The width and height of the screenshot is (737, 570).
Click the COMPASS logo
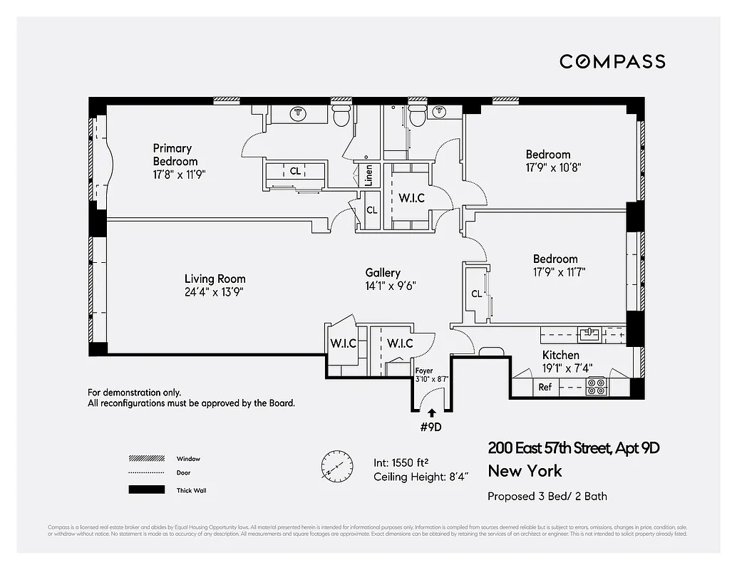[x=612, y=61]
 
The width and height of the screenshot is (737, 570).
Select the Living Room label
[x=215, y=279]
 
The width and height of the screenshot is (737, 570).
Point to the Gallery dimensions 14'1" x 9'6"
[x=391, y=285]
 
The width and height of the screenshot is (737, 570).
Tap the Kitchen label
[x=561, y=355]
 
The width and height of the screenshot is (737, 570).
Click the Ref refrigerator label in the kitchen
[x=545, y=387]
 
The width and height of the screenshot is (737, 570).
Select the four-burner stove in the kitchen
[x=595, y=387]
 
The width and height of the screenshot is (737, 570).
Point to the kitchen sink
[x=590, y=333]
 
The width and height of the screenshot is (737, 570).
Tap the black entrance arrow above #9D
[x=431, y=411]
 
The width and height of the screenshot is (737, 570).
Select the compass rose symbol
[x=336, y=466]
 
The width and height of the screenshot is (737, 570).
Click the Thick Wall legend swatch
[x=146, y=490]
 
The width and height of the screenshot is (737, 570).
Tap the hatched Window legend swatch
[x=146, y=458]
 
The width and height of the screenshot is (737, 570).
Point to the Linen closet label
[x=368, y=175]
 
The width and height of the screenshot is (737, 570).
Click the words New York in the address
[x=525, y=471]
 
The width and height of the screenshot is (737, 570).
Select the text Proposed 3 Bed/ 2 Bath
[x=547, y=496]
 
